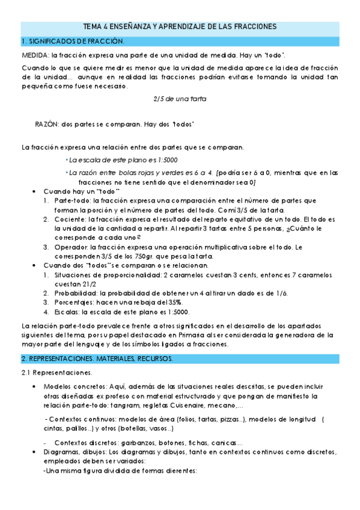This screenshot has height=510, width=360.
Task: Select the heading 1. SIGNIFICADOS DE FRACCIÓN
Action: pos(72,41)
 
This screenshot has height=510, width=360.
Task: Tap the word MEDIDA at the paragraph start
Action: pos(34,55)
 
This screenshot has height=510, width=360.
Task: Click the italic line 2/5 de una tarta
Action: pos(179,99)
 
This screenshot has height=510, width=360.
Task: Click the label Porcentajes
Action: pos(74,303)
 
